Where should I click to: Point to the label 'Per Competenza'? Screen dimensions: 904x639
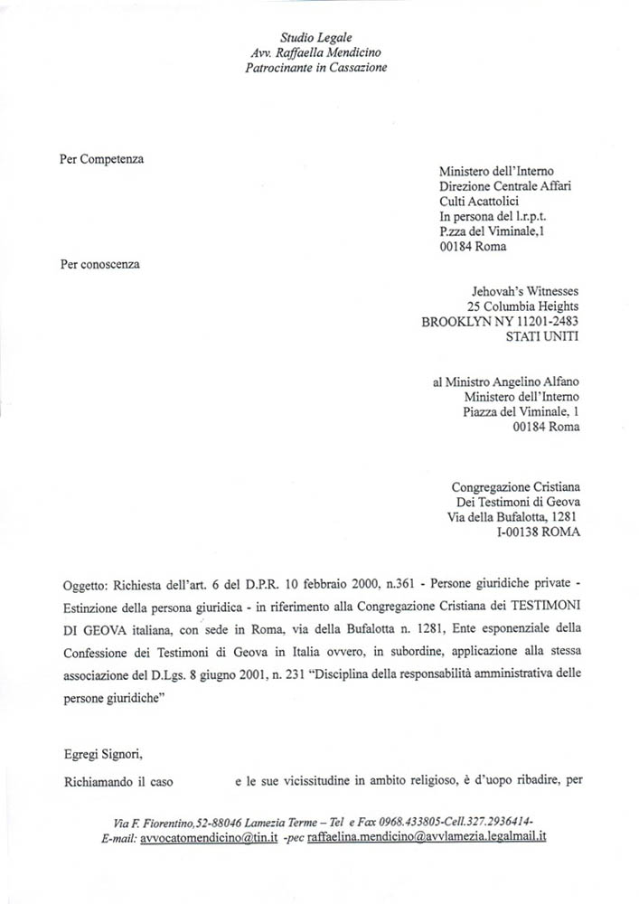[101, 159]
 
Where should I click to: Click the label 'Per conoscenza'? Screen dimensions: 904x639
[100, 264]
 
